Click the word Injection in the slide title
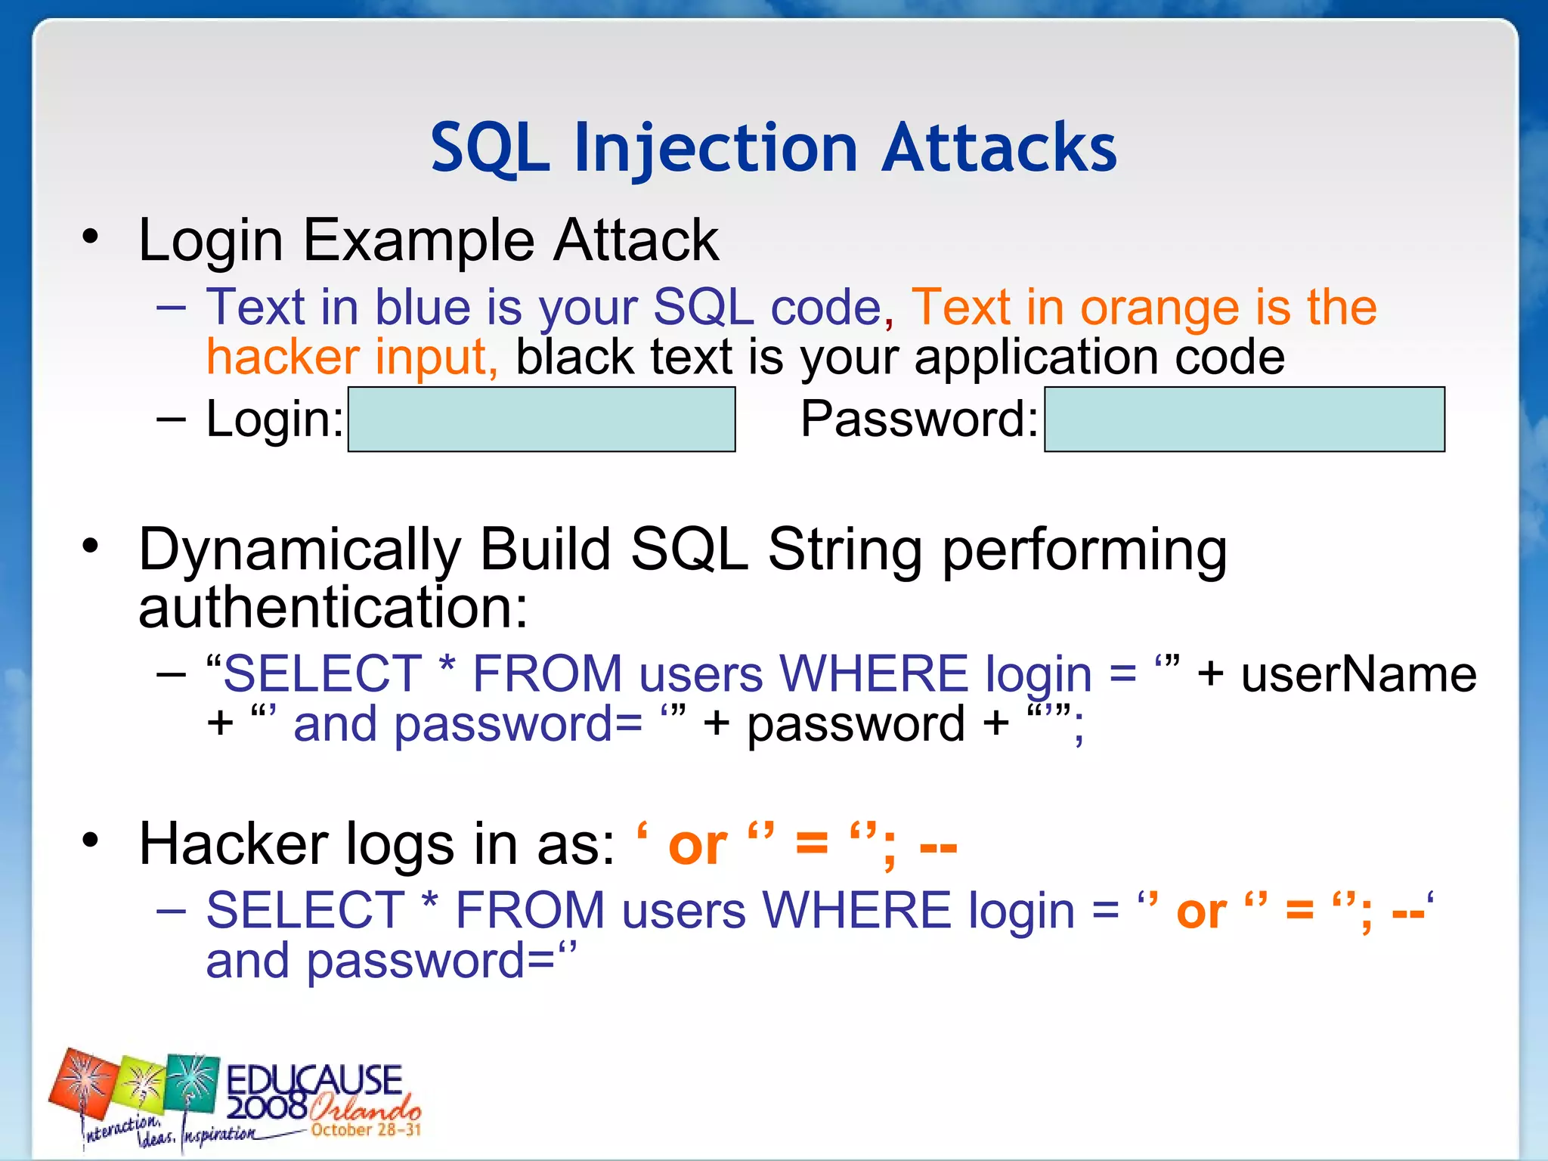tap(715, 148)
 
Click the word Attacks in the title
tap(998, 148)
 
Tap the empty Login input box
tap(541, 420)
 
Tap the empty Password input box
tap(1244, 420)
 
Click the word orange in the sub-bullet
tap(1159, 308)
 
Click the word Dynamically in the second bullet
tap(299, 550)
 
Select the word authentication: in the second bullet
tap(333, 608)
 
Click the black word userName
tap(1358, 674)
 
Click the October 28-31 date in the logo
tap(366, 1130)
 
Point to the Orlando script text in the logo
tap(364, 1108)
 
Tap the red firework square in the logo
tap(83, 1084)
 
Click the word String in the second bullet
tap(844, 550)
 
